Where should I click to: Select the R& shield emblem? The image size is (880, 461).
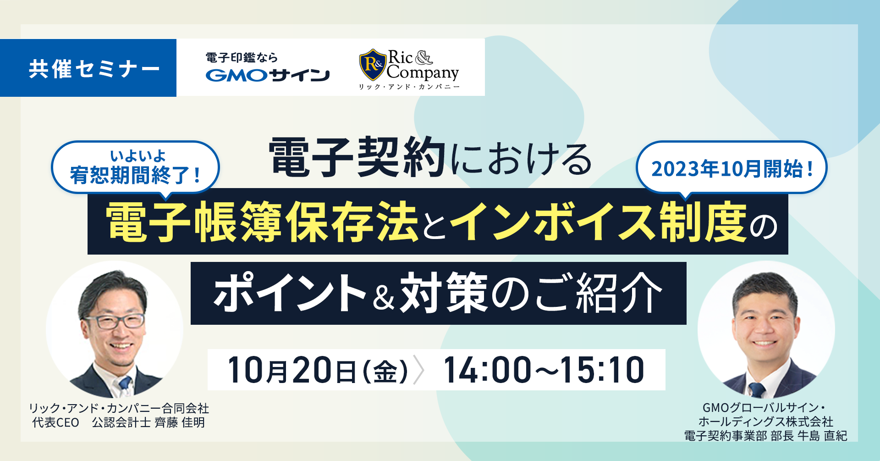coord(372,65)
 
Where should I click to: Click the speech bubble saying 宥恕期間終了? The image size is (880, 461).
coord(135,168)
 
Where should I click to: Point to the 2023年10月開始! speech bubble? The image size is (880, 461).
coord(731,169)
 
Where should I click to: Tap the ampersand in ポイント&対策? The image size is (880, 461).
coord(384,297)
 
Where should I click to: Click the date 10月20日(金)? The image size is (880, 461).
coord(318,370)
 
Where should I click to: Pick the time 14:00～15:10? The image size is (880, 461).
coord(544,370)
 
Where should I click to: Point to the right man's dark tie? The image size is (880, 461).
coord(757,389)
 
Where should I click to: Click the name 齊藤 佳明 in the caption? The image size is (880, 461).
coord(180,422)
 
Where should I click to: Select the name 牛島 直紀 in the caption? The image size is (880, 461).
coord(822,436)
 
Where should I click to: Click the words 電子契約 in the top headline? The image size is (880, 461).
coord(357,157)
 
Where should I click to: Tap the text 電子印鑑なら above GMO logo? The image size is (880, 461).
coord(242,58)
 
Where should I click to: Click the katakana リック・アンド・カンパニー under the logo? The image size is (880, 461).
coord(409,87)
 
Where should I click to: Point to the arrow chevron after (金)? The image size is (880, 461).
coord(418,370)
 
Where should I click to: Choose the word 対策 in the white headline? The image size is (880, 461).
coord(444,294)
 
